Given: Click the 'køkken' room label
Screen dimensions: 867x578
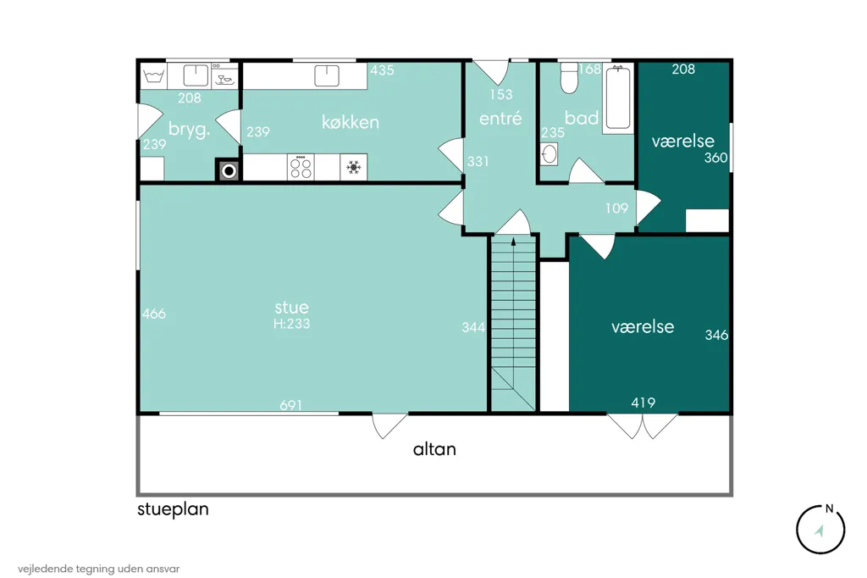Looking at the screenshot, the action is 351,122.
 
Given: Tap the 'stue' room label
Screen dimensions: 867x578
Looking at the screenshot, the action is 291,308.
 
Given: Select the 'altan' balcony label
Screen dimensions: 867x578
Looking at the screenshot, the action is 434,449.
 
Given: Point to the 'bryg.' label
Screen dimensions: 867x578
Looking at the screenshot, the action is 190,131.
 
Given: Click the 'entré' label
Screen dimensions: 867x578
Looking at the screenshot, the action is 500,118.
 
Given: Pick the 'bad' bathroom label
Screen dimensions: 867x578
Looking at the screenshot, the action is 582,117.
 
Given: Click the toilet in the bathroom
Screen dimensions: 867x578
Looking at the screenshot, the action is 569,77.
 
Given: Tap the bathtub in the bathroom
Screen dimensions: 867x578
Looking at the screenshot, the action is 617,98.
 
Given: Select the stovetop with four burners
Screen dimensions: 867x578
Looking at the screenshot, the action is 301,167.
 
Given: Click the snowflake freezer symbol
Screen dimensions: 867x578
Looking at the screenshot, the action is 353,167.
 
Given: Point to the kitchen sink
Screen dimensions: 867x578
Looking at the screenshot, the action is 327,75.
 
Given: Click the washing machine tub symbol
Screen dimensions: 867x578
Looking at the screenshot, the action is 153,75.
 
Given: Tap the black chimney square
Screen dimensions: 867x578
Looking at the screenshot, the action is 229,171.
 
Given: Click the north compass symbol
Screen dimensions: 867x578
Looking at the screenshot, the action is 820,530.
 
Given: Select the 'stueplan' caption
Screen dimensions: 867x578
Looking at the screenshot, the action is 173,509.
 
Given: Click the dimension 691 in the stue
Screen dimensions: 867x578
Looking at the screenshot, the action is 291,405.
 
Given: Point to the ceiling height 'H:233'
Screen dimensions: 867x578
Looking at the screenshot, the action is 291,324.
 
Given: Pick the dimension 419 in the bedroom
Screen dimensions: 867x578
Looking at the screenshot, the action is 643,403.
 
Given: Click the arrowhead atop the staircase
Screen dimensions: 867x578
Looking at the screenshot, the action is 514,242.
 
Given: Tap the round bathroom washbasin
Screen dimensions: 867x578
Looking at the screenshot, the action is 549,154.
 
